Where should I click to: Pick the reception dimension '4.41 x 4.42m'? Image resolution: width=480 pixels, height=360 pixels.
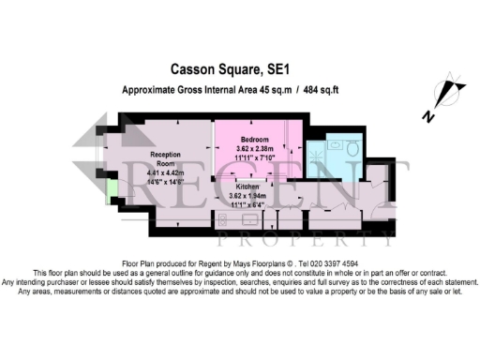click(x=166, y=172)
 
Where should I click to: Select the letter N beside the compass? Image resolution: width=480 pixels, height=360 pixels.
click(x=427, y=118)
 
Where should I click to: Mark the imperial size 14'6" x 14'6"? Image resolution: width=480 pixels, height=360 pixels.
click(x=166, y=181)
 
